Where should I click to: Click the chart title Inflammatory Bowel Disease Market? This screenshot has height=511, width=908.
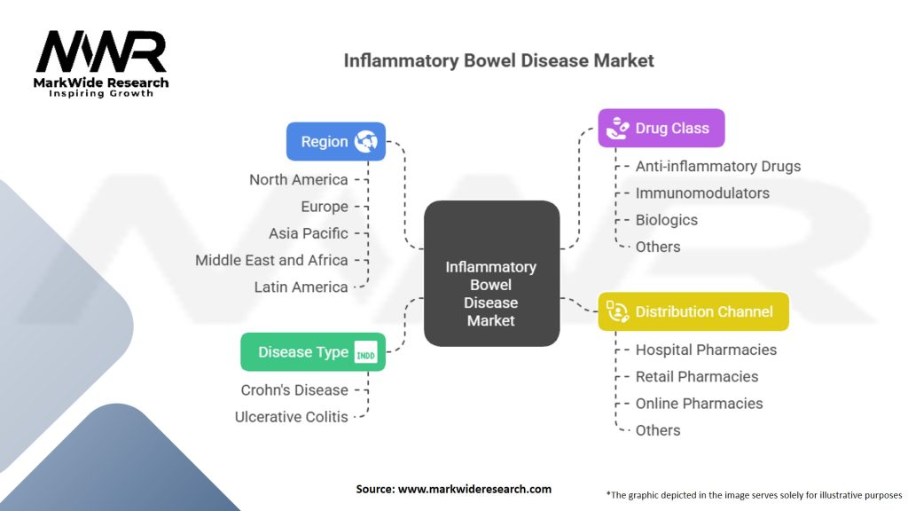(x=498, y=61)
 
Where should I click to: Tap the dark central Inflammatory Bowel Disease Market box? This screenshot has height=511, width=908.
(x=491, y=273)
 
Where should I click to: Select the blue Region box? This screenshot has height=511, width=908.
(x=335, y=141)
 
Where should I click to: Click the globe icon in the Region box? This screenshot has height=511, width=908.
(x=366, y=141)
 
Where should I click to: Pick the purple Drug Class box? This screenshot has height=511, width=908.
(x=661, y=128)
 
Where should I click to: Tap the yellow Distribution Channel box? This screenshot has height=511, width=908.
(x=693, y=311)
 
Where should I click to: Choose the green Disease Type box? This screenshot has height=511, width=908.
(x=313, y=351)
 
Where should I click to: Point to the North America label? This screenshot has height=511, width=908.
(x=298, y=179)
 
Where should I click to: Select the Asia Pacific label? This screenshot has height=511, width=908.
(x=308, y=233)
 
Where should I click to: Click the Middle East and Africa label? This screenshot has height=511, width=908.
(x=271, y=260)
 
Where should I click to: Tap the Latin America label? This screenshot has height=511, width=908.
(x=301, y=287)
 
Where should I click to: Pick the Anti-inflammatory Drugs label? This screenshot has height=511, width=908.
(x=718, y=166)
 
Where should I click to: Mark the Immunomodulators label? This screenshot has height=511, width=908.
(x=702, y=193)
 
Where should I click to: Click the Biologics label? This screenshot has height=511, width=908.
(x=666, y=220)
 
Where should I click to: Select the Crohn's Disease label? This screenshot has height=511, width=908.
(x=294, y=389)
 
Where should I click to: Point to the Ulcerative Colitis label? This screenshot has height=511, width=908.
(x=291, y=416)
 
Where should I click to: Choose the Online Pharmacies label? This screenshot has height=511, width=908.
(x=699, y=403)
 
